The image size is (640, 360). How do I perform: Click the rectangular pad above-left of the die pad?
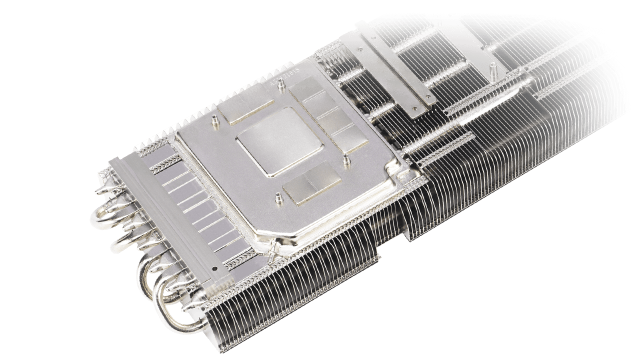pyautogui.click(x=245, y=109)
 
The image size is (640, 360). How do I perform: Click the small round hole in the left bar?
pyautogui.click(x=214, y=268)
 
